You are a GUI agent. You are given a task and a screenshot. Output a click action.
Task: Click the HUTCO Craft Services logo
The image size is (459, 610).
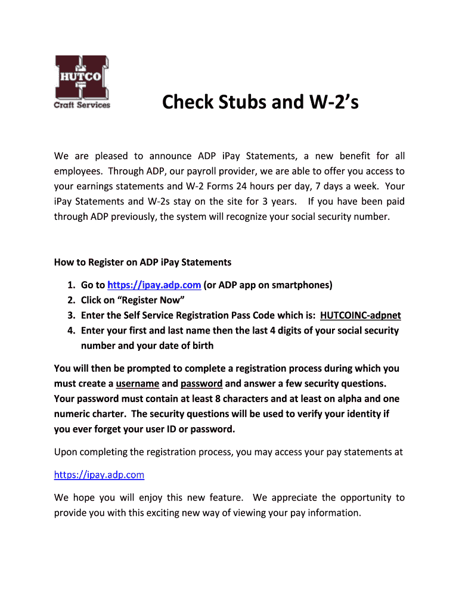[x=82, y=82]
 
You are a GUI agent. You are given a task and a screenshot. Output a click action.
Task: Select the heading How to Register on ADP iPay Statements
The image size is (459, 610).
[x=142, y=262]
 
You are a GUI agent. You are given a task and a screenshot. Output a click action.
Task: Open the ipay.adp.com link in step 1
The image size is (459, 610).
[x=154, y=285]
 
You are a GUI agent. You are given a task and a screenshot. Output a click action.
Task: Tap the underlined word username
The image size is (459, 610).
[x=137, y=384]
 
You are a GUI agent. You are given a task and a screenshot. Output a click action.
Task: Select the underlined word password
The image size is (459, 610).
[x=201, y=384]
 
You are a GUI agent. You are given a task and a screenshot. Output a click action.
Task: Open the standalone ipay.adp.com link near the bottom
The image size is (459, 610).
[x=99, y=475]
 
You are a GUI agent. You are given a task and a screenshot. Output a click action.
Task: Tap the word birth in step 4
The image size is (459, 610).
[x=201, y=346]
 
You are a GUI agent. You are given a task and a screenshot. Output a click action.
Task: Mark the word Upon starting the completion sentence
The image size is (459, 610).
[x=65, y=452]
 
